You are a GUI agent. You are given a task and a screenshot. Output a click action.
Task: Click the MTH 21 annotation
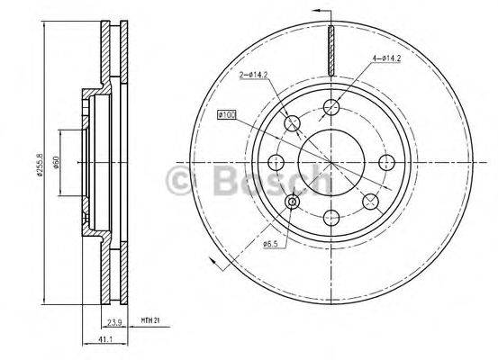click(x=151, y=319)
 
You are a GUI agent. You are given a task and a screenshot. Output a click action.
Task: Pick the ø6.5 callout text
click(x=271, y=244)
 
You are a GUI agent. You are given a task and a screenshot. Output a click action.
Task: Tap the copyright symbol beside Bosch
click(x=180, y=183)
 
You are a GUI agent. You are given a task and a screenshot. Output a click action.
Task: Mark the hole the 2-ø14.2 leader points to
click(x=292, y=123)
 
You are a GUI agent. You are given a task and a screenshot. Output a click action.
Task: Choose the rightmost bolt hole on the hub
click(x=387, y=163)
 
